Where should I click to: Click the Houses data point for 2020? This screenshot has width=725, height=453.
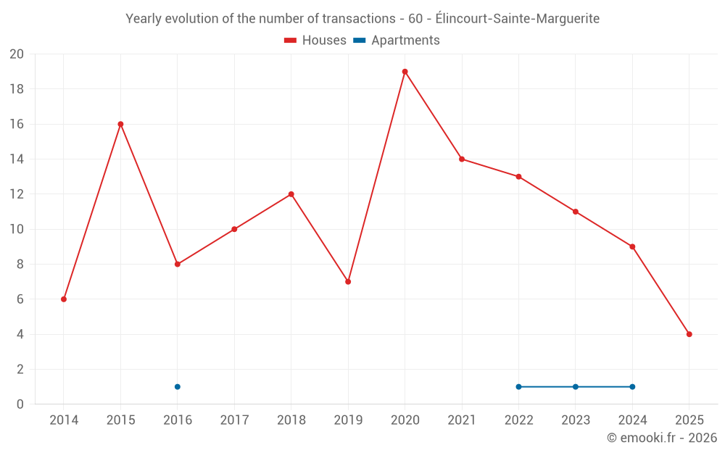(x=405, y=72)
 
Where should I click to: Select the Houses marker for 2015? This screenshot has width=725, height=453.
(x=120, y=124)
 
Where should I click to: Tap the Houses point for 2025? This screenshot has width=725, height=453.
(x=689, y=334)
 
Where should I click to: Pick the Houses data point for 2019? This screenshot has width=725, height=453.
(x=348, y=281)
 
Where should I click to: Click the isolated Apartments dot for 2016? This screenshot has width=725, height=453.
(x=178, y=386)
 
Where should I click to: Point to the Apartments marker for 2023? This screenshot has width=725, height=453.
(x=576, y=386)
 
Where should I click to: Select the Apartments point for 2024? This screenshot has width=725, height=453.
(x=632, y=386)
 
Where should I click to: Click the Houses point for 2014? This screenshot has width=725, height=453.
(x=64, y=299)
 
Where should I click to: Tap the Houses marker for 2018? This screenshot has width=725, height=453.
(x=291, y=194)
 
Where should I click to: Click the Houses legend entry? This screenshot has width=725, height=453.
(x=315, y=41)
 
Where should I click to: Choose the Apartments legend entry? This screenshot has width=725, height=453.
(x=397, y=41)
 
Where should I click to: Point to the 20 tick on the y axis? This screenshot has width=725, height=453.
(x=17, y=54)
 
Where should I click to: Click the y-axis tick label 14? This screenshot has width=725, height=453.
(x=17, y=159)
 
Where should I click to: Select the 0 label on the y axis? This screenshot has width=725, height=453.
(x=20, y=404)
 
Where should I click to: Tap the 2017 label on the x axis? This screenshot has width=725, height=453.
(x=234, y=420)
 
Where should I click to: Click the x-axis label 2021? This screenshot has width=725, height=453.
(x=462, y=420)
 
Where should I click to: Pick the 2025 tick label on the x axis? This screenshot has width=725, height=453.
(x=689, y=420)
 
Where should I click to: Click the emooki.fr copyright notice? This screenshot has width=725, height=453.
(x=662, y=438)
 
